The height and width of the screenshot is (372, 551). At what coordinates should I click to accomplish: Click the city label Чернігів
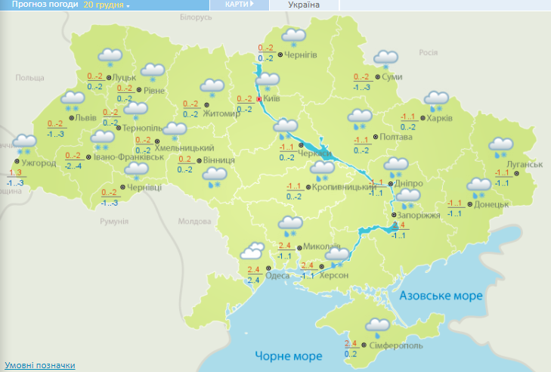click(x=302, y=54)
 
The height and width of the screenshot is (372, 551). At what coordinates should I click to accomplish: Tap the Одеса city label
click(x=277, y=275)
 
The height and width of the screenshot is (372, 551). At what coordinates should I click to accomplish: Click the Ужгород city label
click(x=39, y=163)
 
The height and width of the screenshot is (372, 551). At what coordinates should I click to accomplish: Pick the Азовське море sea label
click(x=441, y=296)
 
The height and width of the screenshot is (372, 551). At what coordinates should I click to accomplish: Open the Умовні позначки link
click(x=40, y=365)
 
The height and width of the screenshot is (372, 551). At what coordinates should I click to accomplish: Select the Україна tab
click(x=304, y=5)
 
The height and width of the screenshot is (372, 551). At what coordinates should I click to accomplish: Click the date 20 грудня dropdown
click(x=107, y=5)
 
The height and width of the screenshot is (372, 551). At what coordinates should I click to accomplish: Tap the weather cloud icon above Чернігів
click(x=293, y=36)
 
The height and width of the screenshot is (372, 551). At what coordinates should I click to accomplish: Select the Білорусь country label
click(x=196, y=17)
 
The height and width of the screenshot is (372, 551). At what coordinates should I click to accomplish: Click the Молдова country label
click(x=192, y=222)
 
